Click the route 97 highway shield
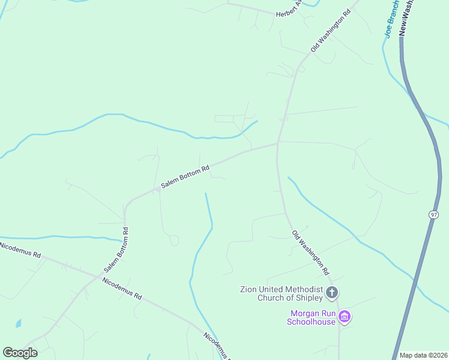pos(434,214)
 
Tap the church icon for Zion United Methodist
pos(332,293)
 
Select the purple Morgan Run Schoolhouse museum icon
pos(345,317)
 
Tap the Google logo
pos(20,353)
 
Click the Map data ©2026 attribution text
pos(423,355)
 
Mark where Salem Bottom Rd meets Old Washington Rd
pos(277,143)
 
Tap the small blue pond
pos(19,323)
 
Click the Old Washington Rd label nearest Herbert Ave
pos(330,31)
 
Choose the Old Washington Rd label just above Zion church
pos(311,253)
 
